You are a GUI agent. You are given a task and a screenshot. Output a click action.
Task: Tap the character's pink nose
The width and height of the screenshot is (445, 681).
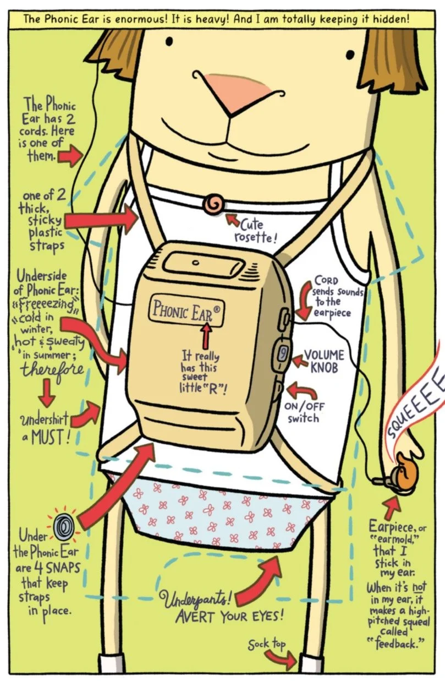click(x=238, y=91)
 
